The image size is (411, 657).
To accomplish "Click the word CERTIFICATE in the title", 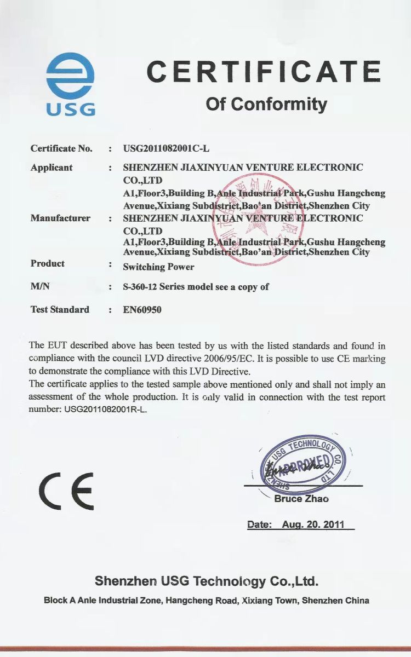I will [x=264, y=72].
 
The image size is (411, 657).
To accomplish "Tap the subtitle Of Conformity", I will [x=266, y=103].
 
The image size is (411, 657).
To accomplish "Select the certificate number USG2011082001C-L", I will [x=167, y=148].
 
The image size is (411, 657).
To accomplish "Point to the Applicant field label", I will [x=52, y=168].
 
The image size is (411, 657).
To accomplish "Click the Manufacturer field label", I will [x=60, y=218].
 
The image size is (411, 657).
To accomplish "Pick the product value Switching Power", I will [x=158, y=267].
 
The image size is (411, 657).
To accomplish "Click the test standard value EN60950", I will [x=142, y=309].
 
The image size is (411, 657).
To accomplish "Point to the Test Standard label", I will [x=60, y=309].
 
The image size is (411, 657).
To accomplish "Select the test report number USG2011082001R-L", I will [x=104, y=409].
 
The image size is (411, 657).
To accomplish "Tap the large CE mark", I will [x=66, y=490].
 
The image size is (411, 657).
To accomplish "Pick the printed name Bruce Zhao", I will [x=301, y=499].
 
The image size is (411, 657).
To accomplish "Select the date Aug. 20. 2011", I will [x=313, y=525].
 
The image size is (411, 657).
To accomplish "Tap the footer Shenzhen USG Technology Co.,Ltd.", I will [x=207, y=581].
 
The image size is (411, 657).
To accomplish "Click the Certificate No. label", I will [x=61, y=148].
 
